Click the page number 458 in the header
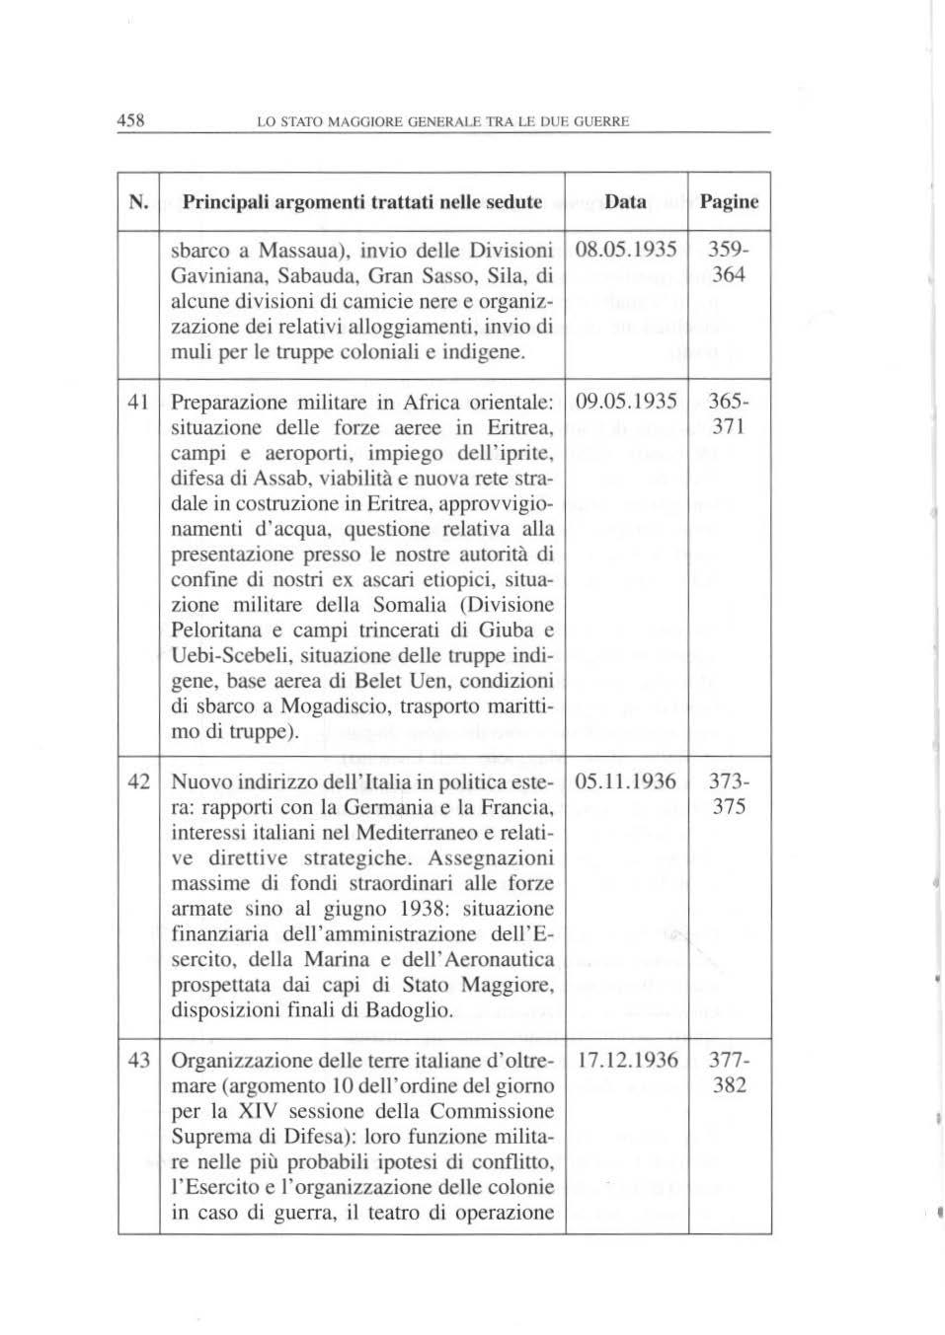click(x=131, y=121)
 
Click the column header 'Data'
click(x=626, y=202)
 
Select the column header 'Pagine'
click(x=729, y=202)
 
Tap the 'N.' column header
click(x=138, y=202)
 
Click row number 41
click(x=139, y=403)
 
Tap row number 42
click(x=139, y=782)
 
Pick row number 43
click(x=139, y=1061)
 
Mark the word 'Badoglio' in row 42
click(x=414, y=1010)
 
